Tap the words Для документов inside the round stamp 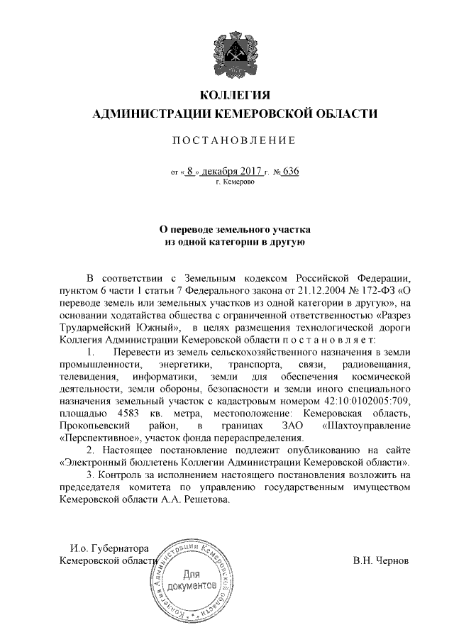[193, 580]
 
